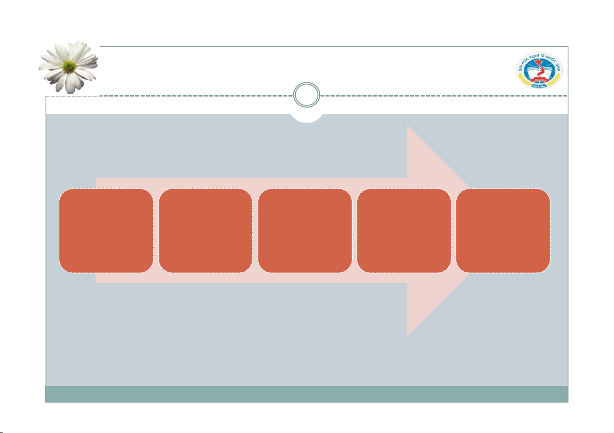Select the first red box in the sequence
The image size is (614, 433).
tap(106, 230)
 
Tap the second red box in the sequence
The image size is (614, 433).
tap(206, 230)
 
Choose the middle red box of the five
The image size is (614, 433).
tap(305, 230)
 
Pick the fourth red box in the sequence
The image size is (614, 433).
tap(404, 230)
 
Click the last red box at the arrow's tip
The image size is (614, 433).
tap(503, 230)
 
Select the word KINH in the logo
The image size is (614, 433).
tap(534, 57)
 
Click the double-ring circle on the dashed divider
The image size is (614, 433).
tap(307, 96)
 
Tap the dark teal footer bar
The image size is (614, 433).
tap(307, 394)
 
